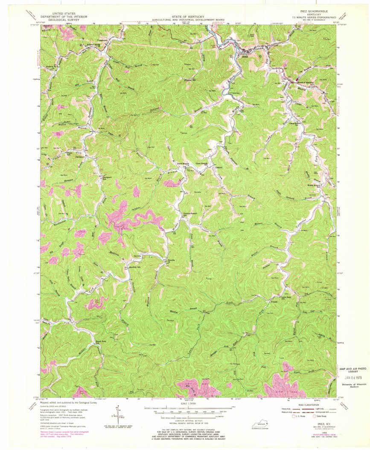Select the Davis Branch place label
coord(183,164)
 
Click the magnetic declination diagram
coord(116,417)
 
